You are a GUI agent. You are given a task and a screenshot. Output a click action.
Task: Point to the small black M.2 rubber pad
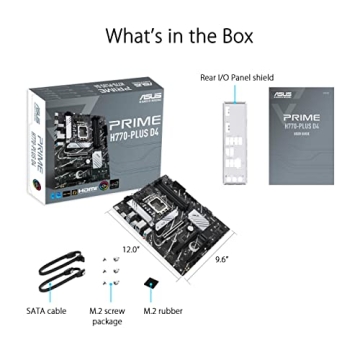click(150, 285)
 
